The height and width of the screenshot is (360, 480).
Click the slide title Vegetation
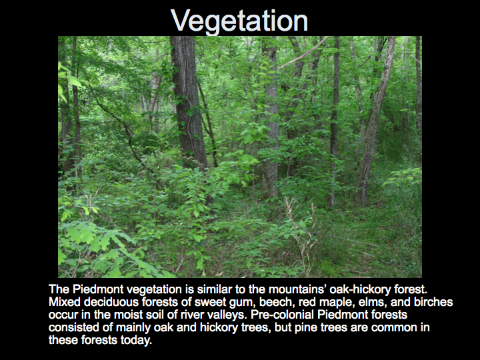(239, 21)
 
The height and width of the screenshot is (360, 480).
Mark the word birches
(433, 302)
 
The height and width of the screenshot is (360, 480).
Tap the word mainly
(133, 328)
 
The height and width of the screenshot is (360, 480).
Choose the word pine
(304, 328)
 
